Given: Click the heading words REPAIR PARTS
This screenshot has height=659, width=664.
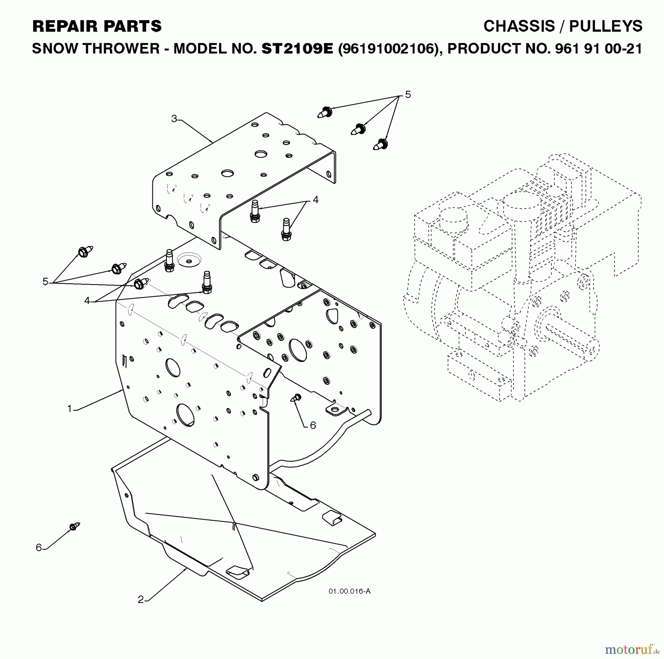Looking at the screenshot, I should [97, 27].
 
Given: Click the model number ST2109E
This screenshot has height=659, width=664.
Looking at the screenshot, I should [297, 49].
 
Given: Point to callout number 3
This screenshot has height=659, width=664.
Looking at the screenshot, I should [174, 119].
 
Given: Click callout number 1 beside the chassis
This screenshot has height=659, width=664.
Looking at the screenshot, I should [69, 409].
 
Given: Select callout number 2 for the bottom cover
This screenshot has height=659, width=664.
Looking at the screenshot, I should [141, 600].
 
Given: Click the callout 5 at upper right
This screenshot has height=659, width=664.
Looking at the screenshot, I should [408, 95].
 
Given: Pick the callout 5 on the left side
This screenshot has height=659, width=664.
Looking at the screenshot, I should [45, 282].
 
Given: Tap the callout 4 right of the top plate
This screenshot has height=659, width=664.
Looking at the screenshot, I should [315, 200].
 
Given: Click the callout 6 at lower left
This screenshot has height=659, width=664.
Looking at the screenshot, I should [39, 548].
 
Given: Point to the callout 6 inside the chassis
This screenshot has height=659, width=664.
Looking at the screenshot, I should [313, 425].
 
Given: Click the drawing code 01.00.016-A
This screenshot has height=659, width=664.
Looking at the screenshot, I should [349, 591].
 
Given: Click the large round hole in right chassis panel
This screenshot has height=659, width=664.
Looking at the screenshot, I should [298, 350].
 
